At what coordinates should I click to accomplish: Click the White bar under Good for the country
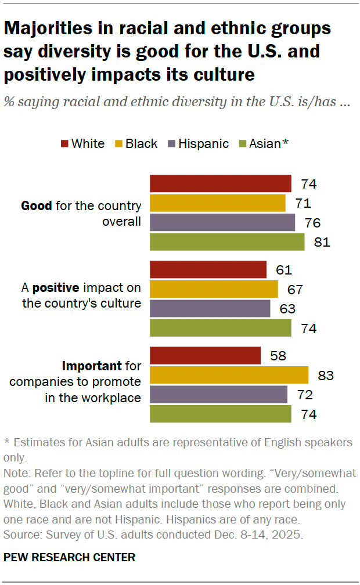click(x=220, y=183)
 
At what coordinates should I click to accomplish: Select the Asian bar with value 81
click(x=227, y=242)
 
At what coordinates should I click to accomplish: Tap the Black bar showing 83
click(x=229, y=375)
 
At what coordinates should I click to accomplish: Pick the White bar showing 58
click(x=205, y=355)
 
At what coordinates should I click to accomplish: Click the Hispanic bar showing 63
click(x=210, y=308)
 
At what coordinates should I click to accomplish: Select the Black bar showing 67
click(x=214, y=289)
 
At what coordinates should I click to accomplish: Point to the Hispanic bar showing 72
click(x=218, y=395)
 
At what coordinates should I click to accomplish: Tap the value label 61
click(x=284, y=270)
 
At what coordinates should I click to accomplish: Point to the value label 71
click(x=303, y=203)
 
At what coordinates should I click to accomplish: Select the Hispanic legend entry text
click(x=203, y=144)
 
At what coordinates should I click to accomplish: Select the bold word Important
click(x=91, y=366)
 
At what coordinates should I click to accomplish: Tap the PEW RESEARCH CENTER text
click(x=69, y=557)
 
